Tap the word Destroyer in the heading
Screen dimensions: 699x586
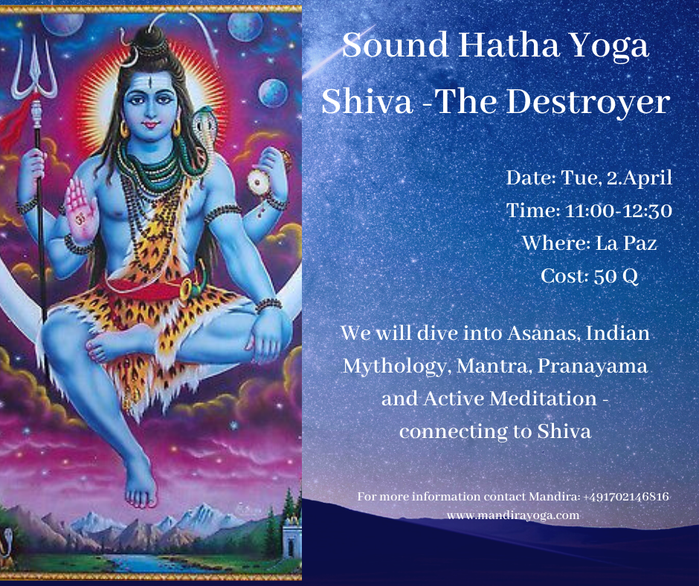pos(588,101)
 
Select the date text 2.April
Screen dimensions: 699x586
pos(639,178)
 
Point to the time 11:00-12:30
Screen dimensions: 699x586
pos(618,210)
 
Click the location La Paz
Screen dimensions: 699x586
pos(626,243)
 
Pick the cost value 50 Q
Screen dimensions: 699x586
pos(616,276)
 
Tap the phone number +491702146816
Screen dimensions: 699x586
pos(626,496)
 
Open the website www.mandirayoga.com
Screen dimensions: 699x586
pos(513,515)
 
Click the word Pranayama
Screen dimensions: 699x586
pos(593,366)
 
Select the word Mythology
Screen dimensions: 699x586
pos(395,367)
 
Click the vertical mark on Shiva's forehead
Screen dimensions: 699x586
pos(151,83)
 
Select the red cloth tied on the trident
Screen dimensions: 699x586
pos(16,123)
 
